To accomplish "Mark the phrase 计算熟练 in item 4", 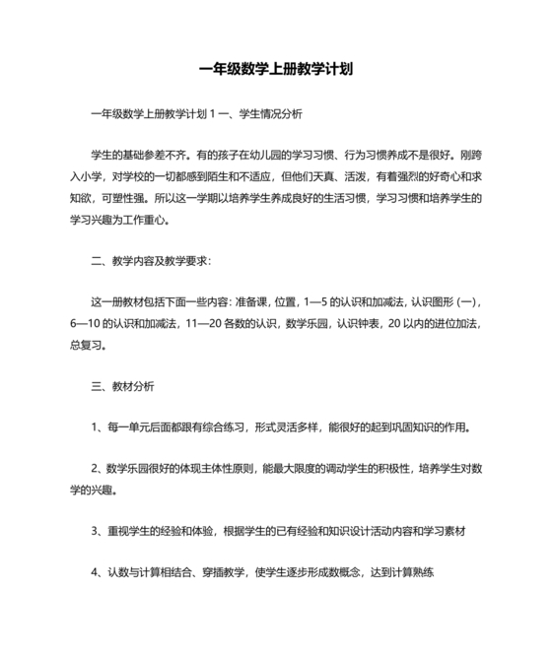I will click(x=412, y=571).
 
